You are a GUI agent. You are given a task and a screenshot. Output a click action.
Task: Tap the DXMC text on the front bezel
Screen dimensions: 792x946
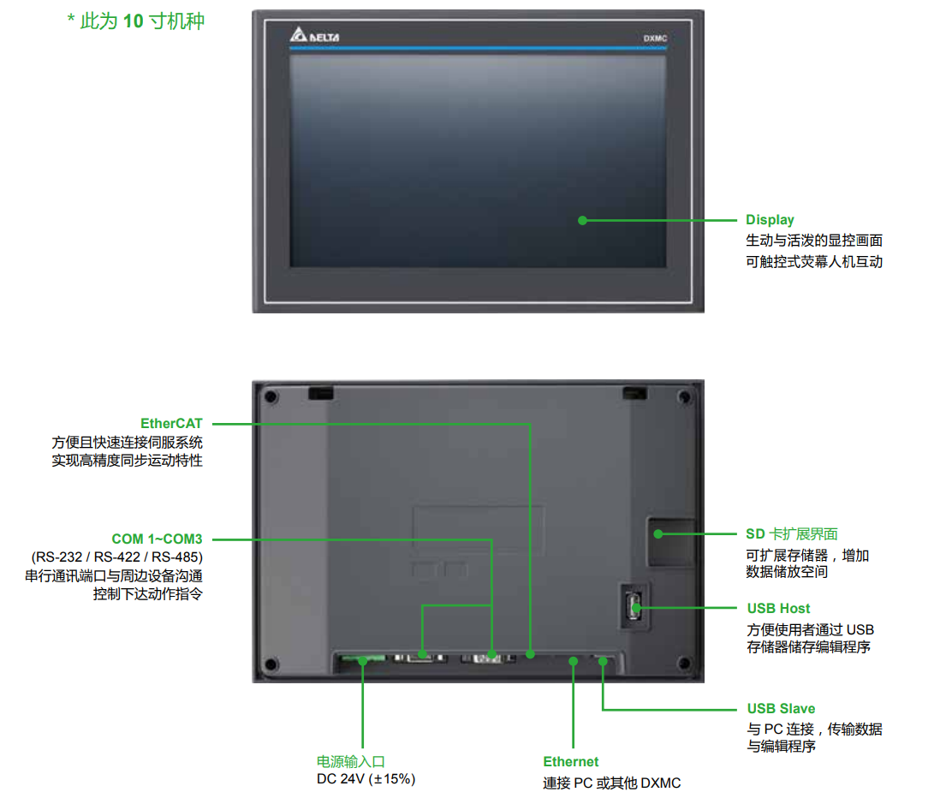[x=655, y=39]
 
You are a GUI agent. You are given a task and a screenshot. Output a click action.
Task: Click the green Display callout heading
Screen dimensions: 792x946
[x=770, y=220]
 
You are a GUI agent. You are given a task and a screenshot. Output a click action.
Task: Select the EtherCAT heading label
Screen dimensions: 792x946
[x=171, y=423]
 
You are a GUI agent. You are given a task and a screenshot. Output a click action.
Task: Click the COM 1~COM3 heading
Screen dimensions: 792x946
[x=157, y=539]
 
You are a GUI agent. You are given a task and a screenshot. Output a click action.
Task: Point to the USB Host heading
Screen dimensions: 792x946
[x=778, y=608]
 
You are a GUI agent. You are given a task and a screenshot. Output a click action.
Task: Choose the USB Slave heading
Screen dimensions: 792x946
[x=781, y=709]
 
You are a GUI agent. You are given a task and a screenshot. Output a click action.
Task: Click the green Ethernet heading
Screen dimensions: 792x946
[x=571, y=762]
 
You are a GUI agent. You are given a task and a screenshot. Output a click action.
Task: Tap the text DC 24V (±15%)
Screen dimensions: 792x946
[x=366, y=779]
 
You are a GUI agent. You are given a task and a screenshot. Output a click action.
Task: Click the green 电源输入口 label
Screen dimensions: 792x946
[x=351, y=761]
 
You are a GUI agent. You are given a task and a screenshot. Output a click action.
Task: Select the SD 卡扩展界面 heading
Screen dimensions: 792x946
[x=791, y=534]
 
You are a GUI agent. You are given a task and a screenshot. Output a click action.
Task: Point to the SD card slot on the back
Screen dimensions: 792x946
[x=669, y=542]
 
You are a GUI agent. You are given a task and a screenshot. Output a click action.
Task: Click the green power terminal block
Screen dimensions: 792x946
[x=361, y=659]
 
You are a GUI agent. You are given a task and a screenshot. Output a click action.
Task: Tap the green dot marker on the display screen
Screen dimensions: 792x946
[x=582, y=220]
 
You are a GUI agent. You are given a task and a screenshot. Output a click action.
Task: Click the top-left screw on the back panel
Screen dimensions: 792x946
[x=271, y=397]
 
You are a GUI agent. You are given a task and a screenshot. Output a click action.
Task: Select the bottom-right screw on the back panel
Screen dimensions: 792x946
[x=683, y=664]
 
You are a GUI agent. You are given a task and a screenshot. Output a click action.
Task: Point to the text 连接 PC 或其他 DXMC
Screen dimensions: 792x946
[x=611, y=783]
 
